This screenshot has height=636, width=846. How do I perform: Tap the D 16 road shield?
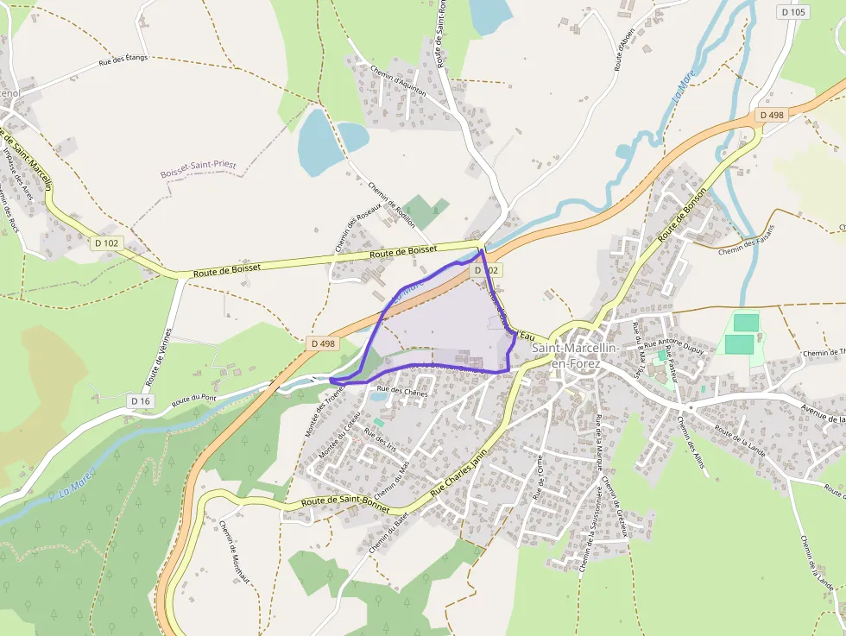tap(141, 400)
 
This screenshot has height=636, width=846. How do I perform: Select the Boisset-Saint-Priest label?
tap(198, 169)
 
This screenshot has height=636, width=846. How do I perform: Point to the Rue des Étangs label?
tap(123, 60)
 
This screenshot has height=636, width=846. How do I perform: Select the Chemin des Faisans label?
tap(747, 239)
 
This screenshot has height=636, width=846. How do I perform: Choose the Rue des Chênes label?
tap(403, 392)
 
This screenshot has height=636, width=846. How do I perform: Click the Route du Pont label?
tap(193, 400)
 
